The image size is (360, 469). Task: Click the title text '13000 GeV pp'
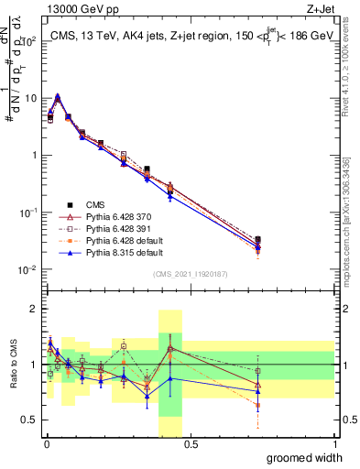coord(75,9)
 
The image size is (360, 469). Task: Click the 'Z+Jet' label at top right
coord(318,9)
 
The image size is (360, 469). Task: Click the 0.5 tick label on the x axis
coord(190,444)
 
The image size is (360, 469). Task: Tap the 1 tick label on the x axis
coord(334,444)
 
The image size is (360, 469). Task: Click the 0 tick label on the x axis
coord(46,444)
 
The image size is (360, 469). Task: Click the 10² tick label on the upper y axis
coord(27,41)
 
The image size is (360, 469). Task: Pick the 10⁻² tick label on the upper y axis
coord(27,269)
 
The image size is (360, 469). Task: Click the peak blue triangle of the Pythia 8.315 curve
coord(58,95)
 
